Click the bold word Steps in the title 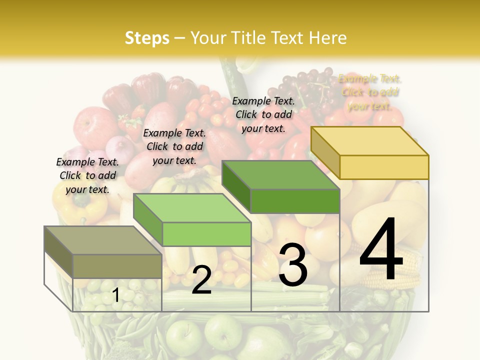pyautogui.click(x=147, y=38)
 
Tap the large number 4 pyautogui.click(x=381, y=249)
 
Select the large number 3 pyautogui.click(x=293, y=265)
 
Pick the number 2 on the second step pyautogui.click(x=201, y=280)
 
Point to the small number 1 pyautogui.click(x=116, y=295)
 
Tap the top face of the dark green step pyautogui.click(x=280, y=175)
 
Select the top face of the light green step pyautogui.click(x=192, y=208)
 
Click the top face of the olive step pyautogui.click(x=103, y=240)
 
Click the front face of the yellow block pyautogui.click(x=384, y=167)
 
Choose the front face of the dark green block pyautogui.click(x=295, y=201)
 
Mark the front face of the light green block pyautogui.click(x=206, y=234)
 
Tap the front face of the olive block pyautogui.click(x=117, y=266)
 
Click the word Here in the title pyautogui.click(x=328, y=38)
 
